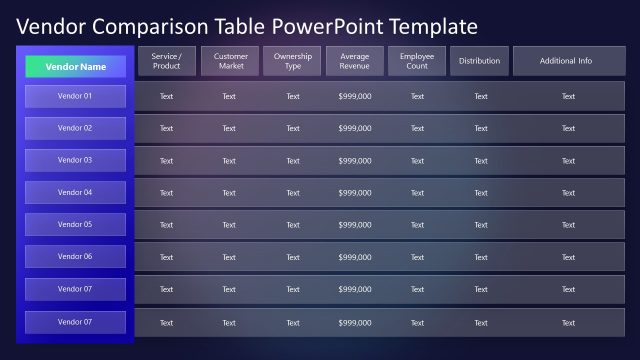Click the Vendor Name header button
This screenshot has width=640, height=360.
[x=76, y=66]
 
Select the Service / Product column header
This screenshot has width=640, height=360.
[x=166, y=61]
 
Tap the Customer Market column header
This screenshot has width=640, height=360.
[x=230, y=61]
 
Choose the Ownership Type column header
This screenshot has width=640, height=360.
[x=292, y=61]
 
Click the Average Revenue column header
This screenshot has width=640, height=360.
[x=355, y=61]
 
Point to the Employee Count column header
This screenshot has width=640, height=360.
[x=417, y=61]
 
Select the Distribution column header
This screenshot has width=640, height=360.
[x=480, y=61]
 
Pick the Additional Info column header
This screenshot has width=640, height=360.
[x=568, y=61]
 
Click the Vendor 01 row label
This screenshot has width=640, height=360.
[x=76, y=96]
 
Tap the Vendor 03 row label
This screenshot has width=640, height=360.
[x=76, y=160]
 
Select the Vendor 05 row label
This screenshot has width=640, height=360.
[x=76, y=224]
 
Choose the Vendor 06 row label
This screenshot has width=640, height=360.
[x=76, y=257]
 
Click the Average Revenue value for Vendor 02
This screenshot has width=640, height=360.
[x=355, y=128]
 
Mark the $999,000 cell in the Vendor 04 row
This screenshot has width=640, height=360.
[x=355, y=193]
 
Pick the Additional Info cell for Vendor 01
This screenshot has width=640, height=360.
[x=568, y=96]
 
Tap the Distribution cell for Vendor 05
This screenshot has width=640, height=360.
[x=480, y=225]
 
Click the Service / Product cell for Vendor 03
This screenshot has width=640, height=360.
[x=166, y=161]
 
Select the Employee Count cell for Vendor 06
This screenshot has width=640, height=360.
[x=417, y=257]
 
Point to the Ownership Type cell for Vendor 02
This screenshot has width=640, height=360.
[x=292, y=128]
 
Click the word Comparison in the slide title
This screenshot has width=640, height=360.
[x=151, y=26]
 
